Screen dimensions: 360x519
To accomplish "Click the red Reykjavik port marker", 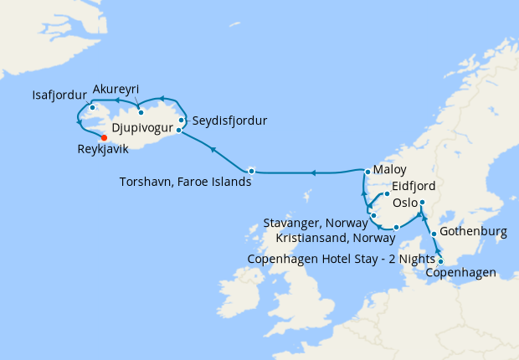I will click(104, 138).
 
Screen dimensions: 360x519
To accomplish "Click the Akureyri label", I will click(116, 90).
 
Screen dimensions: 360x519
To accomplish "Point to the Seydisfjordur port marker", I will click(181, 120).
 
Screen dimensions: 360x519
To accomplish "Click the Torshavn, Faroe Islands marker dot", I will click(251, 171).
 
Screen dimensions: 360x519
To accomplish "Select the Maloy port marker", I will click(366, 172).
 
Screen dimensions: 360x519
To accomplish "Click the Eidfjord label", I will click(414, 186).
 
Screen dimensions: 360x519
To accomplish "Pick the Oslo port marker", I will click(422, 203).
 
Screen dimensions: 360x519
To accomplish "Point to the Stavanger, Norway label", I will click(316, 224).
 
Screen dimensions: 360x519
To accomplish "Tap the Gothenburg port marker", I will click(434, 234).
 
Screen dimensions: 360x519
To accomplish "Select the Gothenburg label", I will click(475, 232).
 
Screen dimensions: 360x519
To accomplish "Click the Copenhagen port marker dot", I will click(441, 261).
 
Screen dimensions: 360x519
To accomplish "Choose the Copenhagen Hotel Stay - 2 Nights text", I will click(342, 258).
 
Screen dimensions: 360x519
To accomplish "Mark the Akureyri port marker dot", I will click(141, 112).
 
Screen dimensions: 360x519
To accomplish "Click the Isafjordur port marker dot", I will click(94, 107).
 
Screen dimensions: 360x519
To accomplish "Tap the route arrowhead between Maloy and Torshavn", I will click(311, 173).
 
